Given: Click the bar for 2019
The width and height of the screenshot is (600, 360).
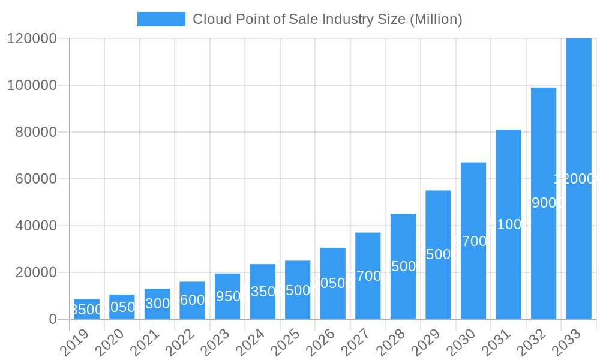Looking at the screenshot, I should (87, 309).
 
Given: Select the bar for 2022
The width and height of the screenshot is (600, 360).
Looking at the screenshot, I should (192, 300).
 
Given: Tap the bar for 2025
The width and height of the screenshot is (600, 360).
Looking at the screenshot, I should (298, 290).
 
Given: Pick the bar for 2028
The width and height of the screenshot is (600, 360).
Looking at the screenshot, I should (403, 266).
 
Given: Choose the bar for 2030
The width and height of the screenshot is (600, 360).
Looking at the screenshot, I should (473, 241).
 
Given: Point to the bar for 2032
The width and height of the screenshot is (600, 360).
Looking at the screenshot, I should (544, 203).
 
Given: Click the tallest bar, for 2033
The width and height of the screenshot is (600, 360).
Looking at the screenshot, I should (578, 179).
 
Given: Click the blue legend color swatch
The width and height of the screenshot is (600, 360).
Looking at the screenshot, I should (161, 19).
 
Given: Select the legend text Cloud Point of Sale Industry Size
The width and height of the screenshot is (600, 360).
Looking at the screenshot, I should (327, 19).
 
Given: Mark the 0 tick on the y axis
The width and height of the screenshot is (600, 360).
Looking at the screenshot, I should (53, 319).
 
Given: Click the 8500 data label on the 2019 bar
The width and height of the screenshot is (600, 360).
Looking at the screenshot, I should (87, 310).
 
